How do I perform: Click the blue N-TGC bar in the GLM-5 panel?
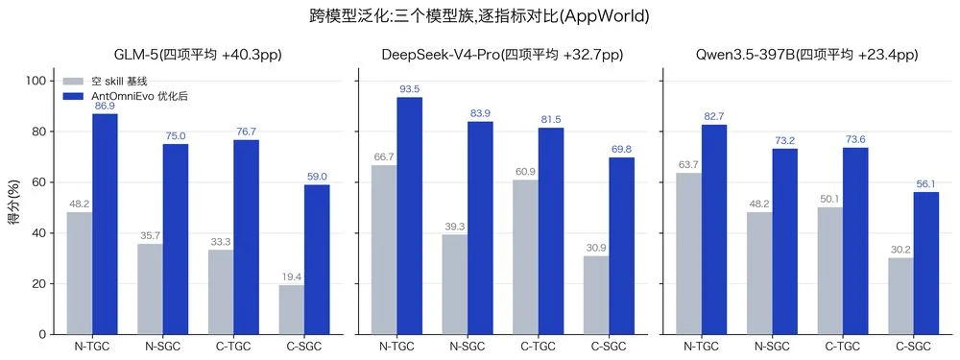(x=105, y=224)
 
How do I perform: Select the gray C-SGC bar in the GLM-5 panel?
(x=292, y=310)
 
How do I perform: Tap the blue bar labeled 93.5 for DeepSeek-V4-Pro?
(x=409, y=216)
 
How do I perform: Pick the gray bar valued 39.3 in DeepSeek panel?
(x=454, y=285)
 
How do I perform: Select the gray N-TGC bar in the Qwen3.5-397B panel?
(x=688, y=253)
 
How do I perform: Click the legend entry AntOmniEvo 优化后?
(x=126, y=97)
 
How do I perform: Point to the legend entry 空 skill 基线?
(x=106, y=81)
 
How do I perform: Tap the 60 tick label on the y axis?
(x=40, y=182)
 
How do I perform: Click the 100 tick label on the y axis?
(x=38, y=81)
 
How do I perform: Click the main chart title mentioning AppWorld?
(x=480, y=16)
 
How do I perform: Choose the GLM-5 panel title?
(x=198, y=55)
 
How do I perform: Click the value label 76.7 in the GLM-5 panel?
(x=246, y=132)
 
